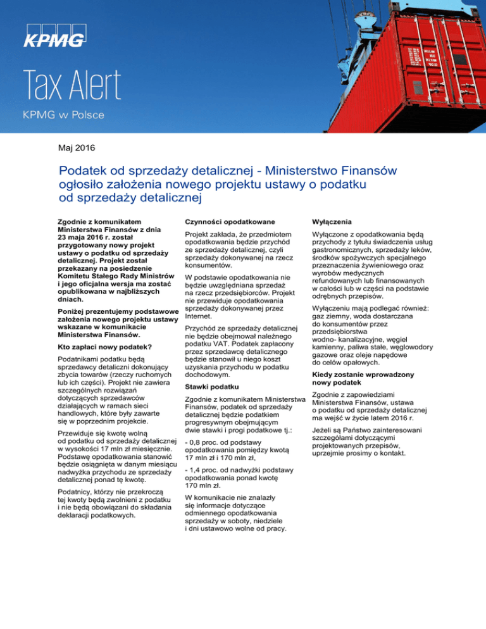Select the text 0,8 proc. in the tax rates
point(207,442)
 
